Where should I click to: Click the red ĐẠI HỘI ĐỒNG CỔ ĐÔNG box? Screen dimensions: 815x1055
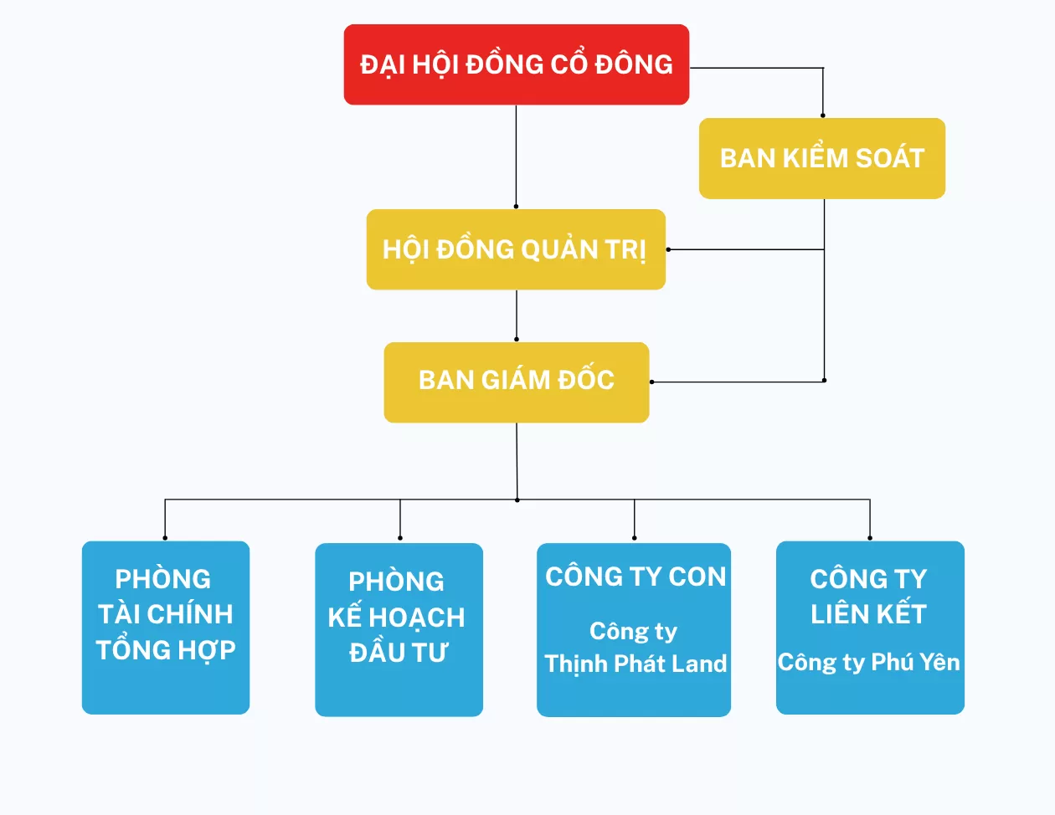516,64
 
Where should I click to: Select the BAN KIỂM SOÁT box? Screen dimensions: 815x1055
821,158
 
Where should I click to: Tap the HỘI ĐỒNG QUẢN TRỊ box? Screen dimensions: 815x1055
515,249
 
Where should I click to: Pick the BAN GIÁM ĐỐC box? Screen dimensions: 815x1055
516,382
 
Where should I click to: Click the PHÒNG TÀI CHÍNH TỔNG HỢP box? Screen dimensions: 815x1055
165,627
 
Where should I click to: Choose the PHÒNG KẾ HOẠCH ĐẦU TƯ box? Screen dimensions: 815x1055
399,629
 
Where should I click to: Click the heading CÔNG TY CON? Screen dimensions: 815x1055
636,577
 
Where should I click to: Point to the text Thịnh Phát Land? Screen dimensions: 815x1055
636,664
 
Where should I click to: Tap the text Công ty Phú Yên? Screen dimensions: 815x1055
868,662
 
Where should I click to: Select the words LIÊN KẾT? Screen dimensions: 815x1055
868,614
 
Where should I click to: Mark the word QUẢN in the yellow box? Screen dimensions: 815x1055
558,249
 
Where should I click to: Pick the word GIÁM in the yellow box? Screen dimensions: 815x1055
515,380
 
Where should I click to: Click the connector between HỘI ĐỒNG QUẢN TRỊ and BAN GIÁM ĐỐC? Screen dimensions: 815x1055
516,315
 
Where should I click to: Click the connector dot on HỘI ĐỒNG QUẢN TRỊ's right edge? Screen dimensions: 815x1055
668,249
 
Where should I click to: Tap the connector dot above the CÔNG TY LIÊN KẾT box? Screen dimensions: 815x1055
870,537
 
